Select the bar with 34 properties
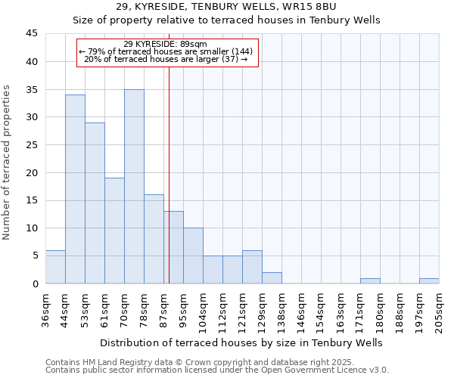tap(75, 189)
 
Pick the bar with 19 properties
tap(114, 231)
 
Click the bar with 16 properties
tap(154, 239)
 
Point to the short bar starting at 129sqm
tap(272, 277)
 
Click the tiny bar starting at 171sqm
tap(370, 280)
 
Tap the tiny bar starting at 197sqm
tap(429, 280)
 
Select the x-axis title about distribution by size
tap(241, 342)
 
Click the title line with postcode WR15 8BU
tap(226, 7)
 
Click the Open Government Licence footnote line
tap(217, 370)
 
